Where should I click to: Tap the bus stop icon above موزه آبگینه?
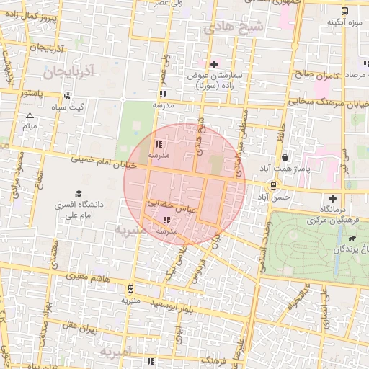coord(344,11)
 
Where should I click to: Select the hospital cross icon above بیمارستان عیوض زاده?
coord(214,64)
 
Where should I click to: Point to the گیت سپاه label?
coord(67,107)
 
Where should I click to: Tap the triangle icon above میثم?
coord(30,115)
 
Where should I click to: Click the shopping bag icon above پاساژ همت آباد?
coord(285,157)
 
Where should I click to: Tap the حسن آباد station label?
coord(274,197)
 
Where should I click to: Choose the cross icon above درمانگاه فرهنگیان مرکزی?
coord(332,198)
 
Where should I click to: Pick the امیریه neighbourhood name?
coord(115,354)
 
